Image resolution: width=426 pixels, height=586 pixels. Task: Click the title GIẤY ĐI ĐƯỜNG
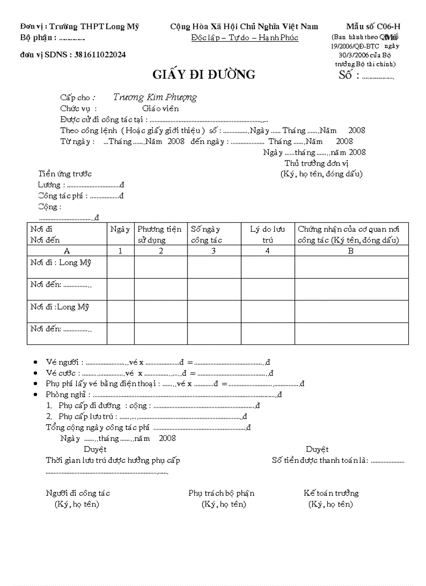point(204,75)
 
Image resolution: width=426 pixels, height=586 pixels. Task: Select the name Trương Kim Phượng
point(155,97)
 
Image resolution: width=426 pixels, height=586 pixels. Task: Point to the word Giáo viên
point(160,109)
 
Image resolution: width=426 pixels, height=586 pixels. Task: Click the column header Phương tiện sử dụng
point(160,234)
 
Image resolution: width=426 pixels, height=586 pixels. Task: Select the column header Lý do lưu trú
point(267,234)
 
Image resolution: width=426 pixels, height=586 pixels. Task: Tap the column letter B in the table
point(351,250)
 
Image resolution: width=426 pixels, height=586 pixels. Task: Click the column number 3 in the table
point(214,250)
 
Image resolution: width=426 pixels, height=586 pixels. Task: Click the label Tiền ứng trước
point(65,174)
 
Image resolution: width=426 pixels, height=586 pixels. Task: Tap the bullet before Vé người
point(35,362)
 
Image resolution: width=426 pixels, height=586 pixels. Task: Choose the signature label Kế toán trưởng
point(331,493)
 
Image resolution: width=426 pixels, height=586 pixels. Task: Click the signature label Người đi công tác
point(78,493)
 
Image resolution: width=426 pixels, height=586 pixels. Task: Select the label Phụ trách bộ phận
point(221,493)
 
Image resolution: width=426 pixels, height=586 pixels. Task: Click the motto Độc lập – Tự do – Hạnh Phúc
point(245,38)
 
